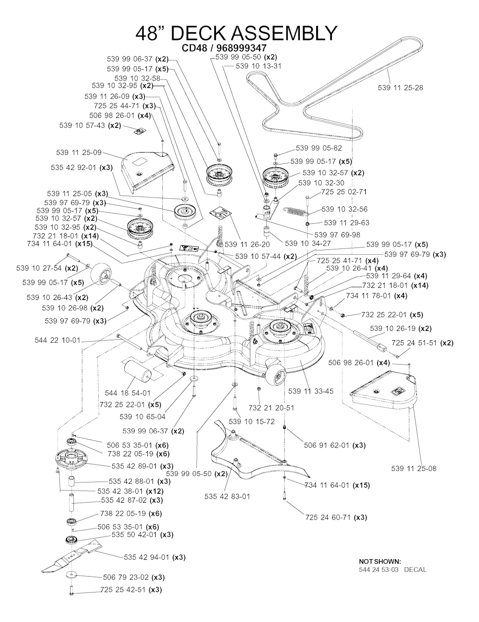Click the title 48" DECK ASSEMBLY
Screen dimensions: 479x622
pyautogui.click(x=236, y=33)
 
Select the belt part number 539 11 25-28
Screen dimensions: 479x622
pyautogui.click(x=400, y=88)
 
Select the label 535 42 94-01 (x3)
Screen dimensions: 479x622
pyautogui.click(x=155, y=557)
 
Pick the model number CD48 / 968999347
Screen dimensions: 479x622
pyautogui.click(x=224, y=48)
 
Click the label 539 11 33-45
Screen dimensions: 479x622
pyautogui.click(x=311, y=391)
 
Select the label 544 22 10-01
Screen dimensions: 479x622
pyautogui.click(x=58, y=340)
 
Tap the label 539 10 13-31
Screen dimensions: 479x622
pyautogui.click(x=259, y=66)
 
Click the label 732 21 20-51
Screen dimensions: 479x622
pyautogui.click(x=271, y=407)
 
